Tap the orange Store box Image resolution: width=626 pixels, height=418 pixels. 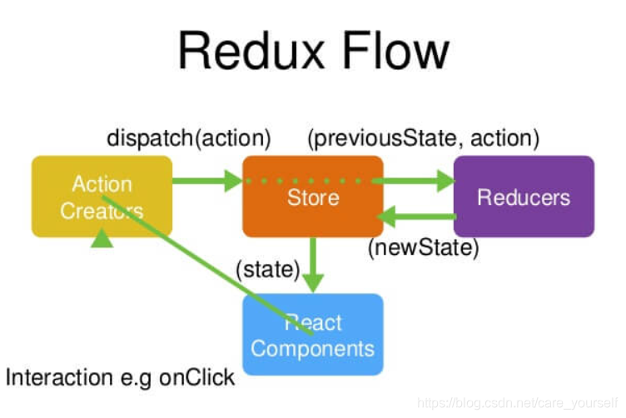[x=313, y=197]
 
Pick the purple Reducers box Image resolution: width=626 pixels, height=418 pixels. [x=524, y=197]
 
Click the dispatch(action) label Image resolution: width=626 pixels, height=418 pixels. [x=189, y=137]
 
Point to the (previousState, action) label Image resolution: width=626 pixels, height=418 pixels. [x=424, y=137]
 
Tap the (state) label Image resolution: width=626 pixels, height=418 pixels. [x=267, y=270]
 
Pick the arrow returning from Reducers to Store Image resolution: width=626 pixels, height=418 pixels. [x=416, y=216]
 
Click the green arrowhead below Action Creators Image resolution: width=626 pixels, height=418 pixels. [x=102, y=239]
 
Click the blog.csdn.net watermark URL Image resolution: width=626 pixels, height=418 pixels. [x=516, y=403]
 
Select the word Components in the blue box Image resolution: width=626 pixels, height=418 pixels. [x=313, y=347]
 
